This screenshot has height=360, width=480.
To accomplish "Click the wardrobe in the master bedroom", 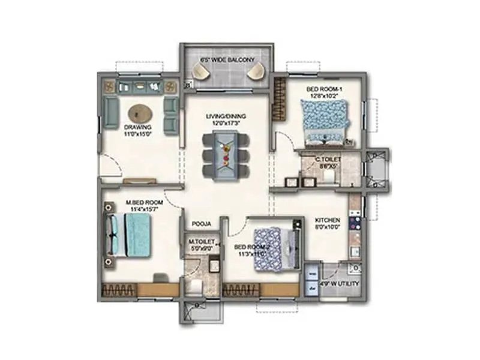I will [139, 289].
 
